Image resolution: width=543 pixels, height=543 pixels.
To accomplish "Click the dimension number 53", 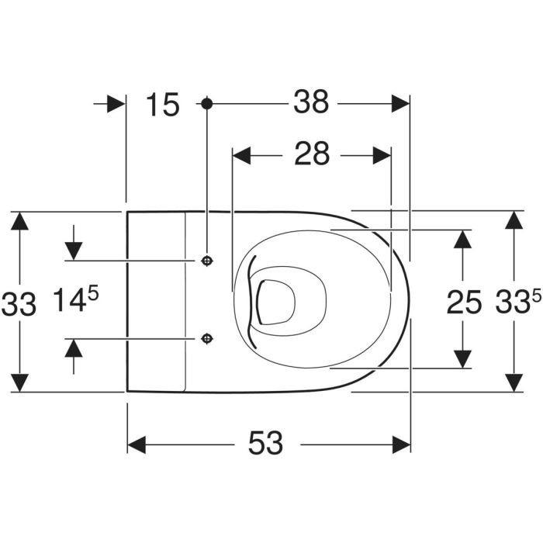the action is (x=265, y=443).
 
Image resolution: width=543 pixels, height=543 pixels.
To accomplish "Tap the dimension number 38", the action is (x=311, y=102).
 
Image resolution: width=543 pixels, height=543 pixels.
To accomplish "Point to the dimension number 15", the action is (x=163, y=104).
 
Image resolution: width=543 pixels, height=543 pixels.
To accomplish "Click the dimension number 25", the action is (x=464, y=303).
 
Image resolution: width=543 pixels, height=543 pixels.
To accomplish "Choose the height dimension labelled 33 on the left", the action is (x=19, y=304).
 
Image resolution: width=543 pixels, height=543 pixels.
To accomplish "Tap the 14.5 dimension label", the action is (x=76, y=299).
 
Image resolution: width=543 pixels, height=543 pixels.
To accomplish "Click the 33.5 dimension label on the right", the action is (x=518, y=301).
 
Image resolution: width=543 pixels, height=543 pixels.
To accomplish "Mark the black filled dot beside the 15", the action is (x=207, y=103).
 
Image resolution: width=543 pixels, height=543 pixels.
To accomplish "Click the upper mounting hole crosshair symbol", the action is (x=207, y=261).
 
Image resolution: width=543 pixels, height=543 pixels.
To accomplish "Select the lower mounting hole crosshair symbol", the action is (x=207, y=338).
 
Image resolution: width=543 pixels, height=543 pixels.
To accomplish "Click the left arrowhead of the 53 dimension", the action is (x=137, y=444).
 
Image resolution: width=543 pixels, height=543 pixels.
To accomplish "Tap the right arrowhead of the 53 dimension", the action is (x=401, y=444).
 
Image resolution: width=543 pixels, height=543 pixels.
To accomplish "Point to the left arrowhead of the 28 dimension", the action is (x=241, y=155).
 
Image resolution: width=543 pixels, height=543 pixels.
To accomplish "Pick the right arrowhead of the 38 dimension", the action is (x=400, y=103).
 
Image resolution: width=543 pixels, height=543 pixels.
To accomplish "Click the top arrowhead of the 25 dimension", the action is (x=462, y=239).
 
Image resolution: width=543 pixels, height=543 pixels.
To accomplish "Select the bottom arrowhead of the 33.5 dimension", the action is (x=514, y=382).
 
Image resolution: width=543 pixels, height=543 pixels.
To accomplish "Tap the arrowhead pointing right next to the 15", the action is (x=116, y=103).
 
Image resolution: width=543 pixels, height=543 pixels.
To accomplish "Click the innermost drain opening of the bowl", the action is (x=276, y=302).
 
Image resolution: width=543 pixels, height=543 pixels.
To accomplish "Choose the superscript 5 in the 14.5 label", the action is (x=93, y=294).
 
